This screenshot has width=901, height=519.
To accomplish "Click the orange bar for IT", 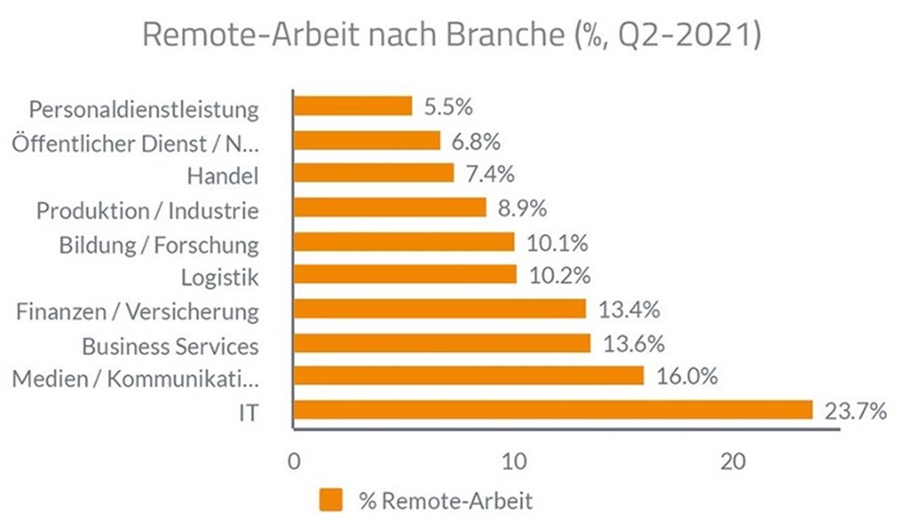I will pos(553,409).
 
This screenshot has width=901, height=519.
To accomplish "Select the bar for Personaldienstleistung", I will pos(353,106).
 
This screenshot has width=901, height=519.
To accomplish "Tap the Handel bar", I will pos(374,174).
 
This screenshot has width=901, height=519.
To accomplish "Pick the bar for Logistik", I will pos(405,274).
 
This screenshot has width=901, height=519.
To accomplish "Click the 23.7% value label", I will pos(854,410).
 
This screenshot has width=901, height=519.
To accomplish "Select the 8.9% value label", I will pos(523,209).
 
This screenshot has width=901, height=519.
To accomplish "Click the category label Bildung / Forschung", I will pos(159,244).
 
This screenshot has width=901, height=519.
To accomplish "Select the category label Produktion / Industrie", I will pos(147,210).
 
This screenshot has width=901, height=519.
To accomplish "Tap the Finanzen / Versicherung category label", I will pos(138,311).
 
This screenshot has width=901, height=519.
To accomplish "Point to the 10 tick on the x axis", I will pos(514,461).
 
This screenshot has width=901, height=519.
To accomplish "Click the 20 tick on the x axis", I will pos(734,461).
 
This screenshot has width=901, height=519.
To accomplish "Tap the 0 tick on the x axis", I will pos(293,461).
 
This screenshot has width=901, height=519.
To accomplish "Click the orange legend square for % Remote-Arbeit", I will pos(332,499).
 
